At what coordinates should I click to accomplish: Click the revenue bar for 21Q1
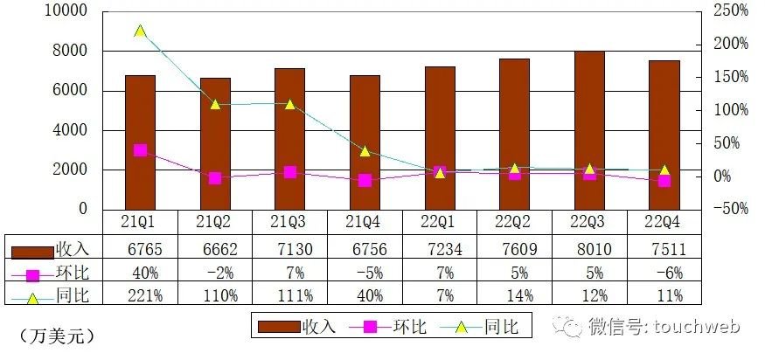[x=140, y=142]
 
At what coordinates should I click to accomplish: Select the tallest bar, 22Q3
[x=589, y=130]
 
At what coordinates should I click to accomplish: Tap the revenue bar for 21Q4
[x=365, y=142]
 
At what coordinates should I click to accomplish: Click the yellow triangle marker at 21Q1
[x=140, y=31]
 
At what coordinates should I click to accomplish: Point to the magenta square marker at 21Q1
[x=140, y=150]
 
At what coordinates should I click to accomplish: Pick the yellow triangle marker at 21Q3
[x=289, y=104]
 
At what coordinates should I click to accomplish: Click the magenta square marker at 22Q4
[x=664, y=181]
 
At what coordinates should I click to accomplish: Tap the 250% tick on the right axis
[x=730, y=11]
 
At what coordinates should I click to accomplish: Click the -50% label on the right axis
[x=729, y=210]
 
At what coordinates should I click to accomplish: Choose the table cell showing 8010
[x=589, y=249]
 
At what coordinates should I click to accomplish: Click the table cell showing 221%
[x=140, y=294]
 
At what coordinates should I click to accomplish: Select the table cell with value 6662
[x=215, y=249]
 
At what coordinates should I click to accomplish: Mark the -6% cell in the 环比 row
[x=664, y=272]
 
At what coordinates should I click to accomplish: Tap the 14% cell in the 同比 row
[x=514, y=294]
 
